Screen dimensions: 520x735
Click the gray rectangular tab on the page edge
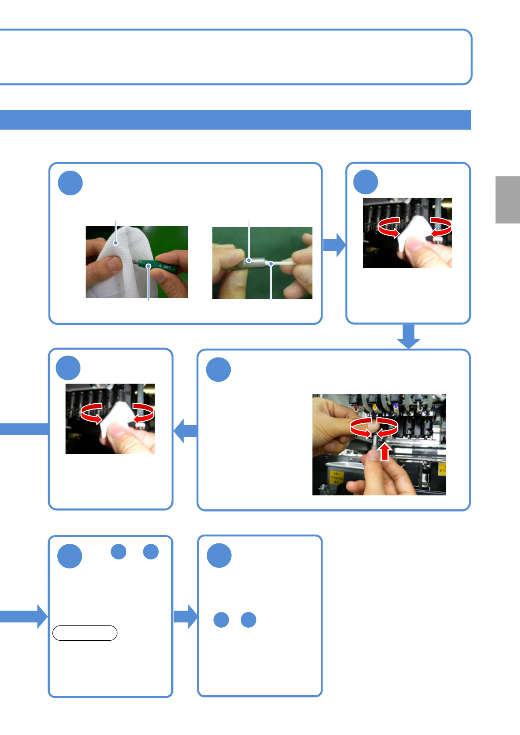coord(507,200)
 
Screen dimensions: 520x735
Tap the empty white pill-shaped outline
coord(85,633)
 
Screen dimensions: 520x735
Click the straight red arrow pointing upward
coord(384,452)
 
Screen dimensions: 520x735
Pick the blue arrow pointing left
coord(186,431)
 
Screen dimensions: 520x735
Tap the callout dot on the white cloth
coord(116,243)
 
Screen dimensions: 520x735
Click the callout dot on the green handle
coord(149,266)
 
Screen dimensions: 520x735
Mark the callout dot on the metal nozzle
coord(249,260)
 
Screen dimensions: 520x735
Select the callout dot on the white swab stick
coord(271,264)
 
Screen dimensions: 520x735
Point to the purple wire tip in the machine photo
coord(396,405)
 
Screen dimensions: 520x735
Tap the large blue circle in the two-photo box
coord(70,183)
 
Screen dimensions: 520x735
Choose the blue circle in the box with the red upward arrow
coord(218,370)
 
